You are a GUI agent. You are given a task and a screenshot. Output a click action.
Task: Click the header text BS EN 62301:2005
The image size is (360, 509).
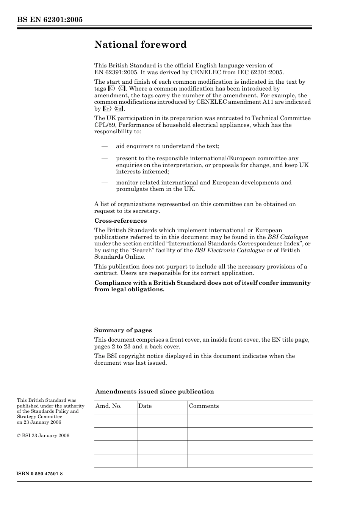50,20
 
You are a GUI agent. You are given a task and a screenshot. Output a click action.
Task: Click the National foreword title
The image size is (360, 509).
140,45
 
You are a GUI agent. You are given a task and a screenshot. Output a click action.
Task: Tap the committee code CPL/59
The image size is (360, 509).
105,125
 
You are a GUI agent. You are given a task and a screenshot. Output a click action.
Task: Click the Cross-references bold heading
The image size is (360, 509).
121,221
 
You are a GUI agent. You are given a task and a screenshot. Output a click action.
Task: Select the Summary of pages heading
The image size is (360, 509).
123,330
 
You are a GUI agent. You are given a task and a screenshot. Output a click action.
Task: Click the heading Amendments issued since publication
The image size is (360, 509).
155,392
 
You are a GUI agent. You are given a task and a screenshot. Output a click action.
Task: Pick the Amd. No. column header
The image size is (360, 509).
108,406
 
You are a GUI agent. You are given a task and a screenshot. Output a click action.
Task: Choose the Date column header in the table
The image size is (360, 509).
145,406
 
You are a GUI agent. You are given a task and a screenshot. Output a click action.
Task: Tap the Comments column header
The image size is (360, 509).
204,406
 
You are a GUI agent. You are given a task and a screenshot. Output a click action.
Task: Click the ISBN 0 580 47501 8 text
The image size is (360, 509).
40,474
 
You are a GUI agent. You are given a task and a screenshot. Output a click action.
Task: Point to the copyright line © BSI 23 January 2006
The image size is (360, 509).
43,436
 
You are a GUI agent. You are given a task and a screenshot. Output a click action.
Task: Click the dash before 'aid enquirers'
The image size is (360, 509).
105,147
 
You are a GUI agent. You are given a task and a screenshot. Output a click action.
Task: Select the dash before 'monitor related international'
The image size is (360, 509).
105,183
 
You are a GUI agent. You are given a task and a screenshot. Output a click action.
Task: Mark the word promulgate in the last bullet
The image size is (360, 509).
131,189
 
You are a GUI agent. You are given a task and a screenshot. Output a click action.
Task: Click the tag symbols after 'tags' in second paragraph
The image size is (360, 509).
116,89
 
